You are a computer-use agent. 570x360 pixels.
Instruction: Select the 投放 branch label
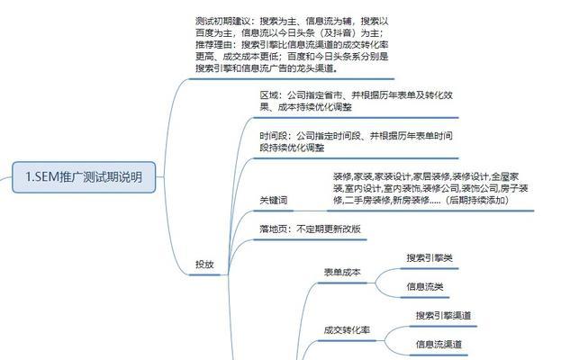tap(205, 265)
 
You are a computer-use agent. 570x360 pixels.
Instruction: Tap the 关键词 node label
tap(274, 200)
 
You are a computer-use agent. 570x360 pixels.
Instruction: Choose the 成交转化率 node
tap(347, 329)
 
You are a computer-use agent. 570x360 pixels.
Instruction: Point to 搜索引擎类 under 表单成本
tap(430, 258)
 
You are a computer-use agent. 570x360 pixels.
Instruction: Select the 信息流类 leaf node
tap(425, 287)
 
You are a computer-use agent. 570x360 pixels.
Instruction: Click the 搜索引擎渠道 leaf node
tap(444, 316)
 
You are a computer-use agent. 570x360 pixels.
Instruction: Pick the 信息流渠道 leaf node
tap(439, 345)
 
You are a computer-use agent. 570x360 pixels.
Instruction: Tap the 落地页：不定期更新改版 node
tap(310, 229)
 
